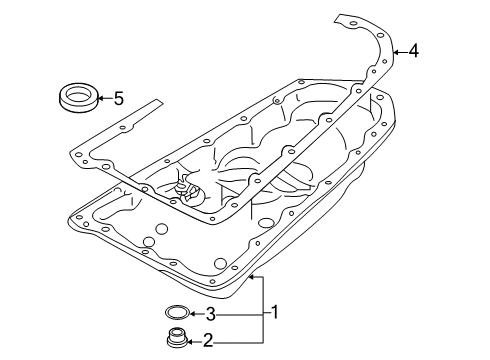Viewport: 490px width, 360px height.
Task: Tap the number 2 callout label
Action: (x=208, y=340)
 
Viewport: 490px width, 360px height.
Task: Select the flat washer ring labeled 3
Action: (x=177, y=312)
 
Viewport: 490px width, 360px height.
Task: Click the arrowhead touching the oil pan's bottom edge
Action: (x=251, y=276)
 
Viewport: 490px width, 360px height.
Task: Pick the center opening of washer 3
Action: (x=177, y=311)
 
